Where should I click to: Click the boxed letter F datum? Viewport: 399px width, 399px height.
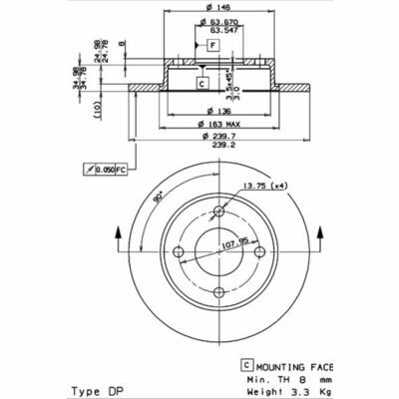tap(211, 46)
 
